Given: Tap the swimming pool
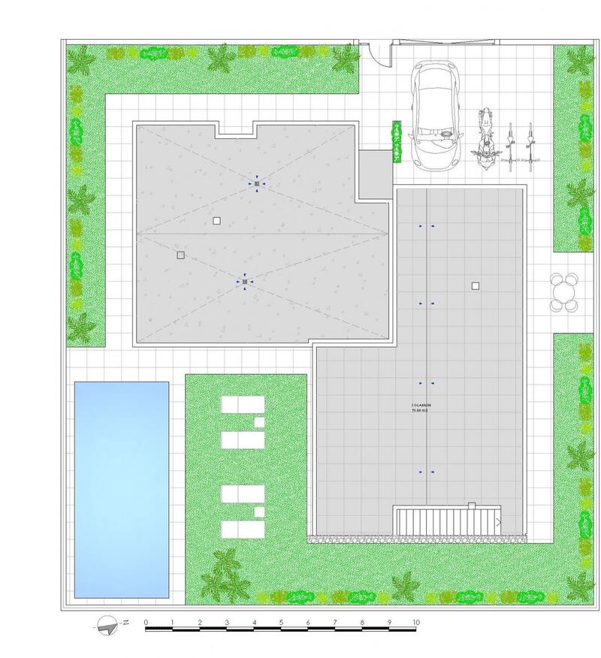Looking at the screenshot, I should (x=121, y=489).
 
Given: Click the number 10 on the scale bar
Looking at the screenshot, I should (x=415, y=623).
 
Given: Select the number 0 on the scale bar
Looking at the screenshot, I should (x=146, y=623).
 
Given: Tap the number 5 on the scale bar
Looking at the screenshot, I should (x=281, y=623).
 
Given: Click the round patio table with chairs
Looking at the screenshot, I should (x=566, y=292).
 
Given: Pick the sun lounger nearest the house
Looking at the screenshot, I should (x=243, y=406).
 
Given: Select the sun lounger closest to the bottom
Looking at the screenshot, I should (x=243, y=528).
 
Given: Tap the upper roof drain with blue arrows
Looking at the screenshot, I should (x=256, y=183).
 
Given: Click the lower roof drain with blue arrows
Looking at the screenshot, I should (x=245, y=282).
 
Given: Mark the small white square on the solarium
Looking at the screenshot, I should (x=475, y=285).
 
